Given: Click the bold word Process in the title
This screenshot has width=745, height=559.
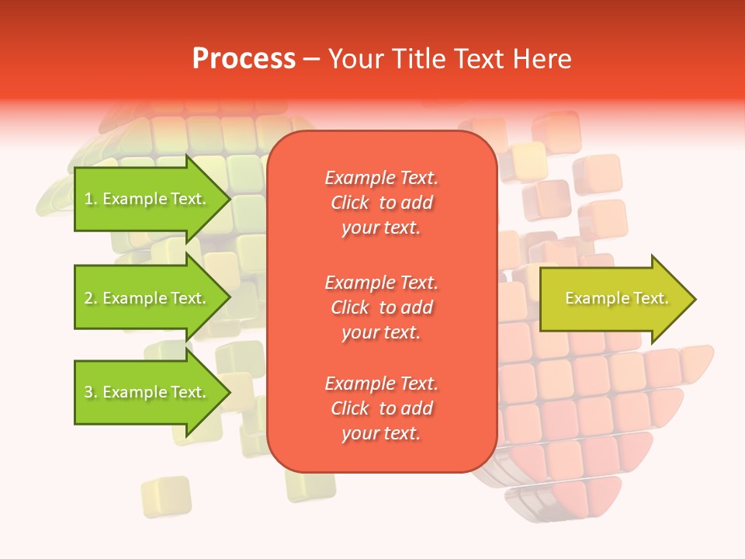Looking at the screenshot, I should [244, 59].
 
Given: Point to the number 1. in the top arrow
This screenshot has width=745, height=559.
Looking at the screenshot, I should [91, 199].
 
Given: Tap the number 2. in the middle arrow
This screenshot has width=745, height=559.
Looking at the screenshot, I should [91, 298].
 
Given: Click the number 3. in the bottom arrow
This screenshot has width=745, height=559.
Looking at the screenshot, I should [91, 392].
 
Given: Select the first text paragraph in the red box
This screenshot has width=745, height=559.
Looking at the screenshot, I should [381, 203].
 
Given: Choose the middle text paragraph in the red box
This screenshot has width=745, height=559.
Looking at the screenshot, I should [381, 307].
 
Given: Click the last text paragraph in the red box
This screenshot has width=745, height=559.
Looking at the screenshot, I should [381, 408].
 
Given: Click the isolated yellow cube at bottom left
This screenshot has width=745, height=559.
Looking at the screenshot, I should [165, 496].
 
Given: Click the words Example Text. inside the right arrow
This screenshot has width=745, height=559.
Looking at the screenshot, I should [617, 298].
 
